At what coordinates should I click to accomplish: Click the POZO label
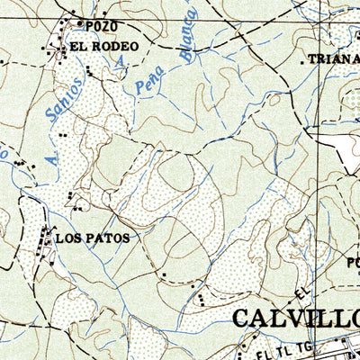[x=94, y=26]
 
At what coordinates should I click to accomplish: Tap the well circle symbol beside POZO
[x=78, y=24]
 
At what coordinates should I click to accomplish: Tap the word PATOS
[x=109, y=238]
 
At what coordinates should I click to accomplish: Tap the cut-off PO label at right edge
[x=352, y=263]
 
